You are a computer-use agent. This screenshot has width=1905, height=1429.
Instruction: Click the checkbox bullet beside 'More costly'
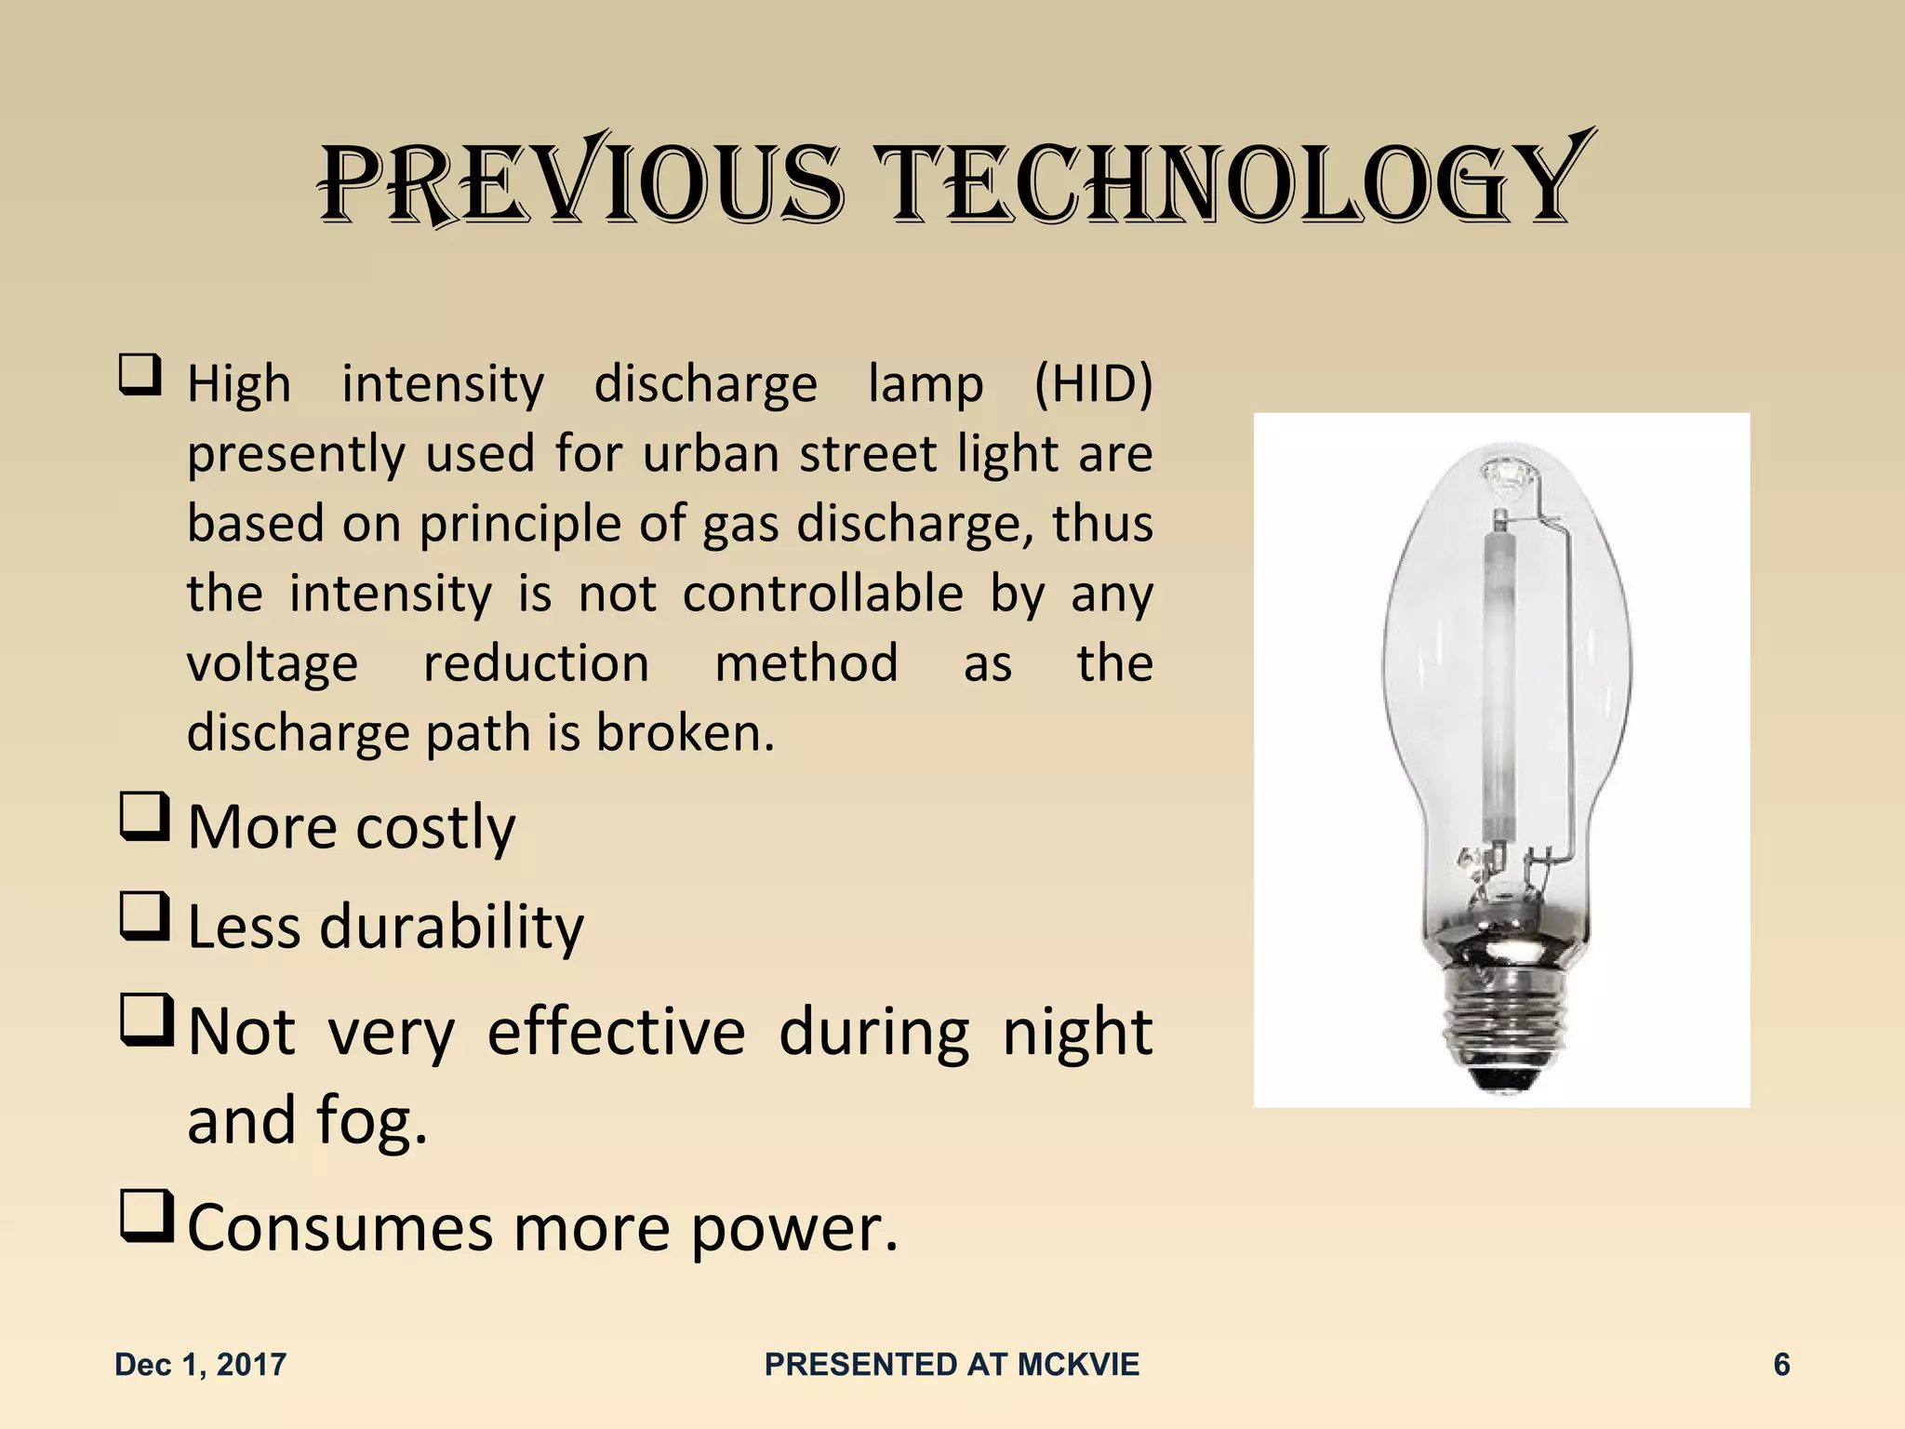point(144,817)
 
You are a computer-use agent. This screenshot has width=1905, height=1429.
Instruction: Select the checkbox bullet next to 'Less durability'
point(144,916)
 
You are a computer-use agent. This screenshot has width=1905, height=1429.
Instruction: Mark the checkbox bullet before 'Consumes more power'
point(146,1216)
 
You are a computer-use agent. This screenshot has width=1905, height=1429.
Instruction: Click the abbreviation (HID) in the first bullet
point(1093,383)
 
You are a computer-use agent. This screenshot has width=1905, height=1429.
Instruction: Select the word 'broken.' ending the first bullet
point(685,733)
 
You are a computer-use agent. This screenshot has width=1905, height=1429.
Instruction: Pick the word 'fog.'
point(372,1119)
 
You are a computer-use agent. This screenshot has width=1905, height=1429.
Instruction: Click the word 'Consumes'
point(340,1228)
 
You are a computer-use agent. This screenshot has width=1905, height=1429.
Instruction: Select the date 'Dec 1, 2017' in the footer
point(200,1365)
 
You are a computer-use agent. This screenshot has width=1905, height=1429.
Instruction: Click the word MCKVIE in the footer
point(1078,1365)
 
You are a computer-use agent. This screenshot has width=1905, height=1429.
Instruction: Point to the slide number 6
point(1781,1365)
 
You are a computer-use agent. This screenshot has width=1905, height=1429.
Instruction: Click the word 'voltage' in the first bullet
point(273,664)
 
